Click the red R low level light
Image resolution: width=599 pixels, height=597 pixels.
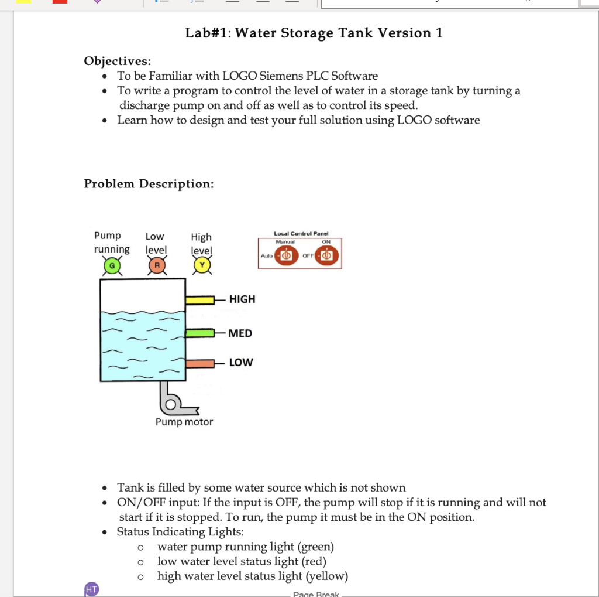pyautogui.click(x=157, y=267)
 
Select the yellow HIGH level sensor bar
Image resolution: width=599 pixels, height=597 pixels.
pyautogui.click(x=200, y=300)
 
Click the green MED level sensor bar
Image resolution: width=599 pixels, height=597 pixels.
pyautogui.click(x=200, y=333)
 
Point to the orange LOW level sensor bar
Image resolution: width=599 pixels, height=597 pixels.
pyautogui.click(x=200, y=363)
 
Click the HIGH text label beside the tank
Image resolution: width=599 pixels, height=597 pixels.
pyautogui.click(x=242, y=299)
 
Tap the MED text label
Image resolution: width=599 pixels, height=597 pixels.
pyautogui.click(x=240, y=333)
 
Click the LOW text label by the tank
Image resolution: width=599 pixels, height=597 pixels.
pyautogui.click(x=241, y=363)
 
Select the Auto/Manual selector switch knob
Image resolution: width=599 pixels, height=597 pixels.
pyautogui.click(x=287, y=257)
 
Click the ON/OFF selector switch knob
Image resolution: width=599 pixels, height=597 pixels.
pyautogui.click(x=326, y=257)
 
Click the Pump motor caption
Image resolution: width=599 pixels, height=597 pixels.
pyautogui.click(x=184, y=422)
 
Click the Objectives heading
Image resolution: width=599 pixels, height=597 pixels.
pyautogui.click(x=117, y=61)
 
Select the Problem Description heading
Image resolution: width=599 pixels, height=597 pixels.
pyautogui.click(x=149, y=184)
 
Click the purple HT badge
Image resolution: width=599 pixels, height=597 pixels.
pyautogui.click(x=91, y=589)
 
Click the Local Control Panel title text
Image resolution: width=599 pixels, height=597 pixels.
pyautogui.click(x=301, y=234)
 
